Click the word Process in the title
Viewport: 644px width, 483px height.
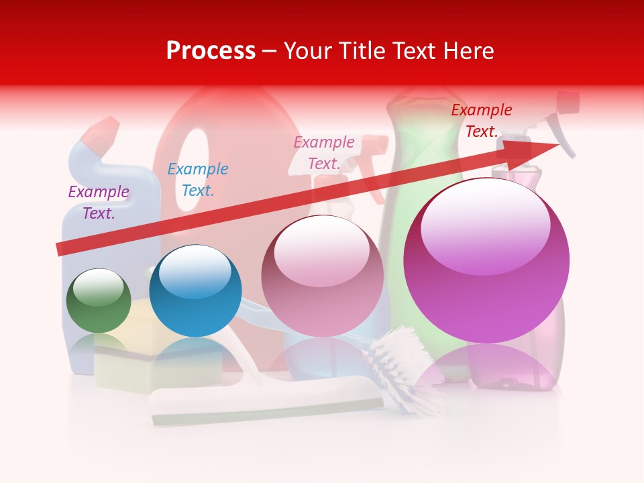click(211, 51)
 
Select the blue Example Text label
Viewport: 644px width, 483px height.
click(198, 180)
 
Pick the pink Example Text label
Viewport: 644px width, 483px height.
click(324, 153)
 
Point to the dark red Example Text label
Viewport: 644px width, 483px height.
click(482, 121)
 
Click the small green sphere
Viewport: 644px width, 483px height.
click(99, 301)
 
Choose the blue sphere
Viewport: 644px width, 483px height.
click(195, 291)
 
